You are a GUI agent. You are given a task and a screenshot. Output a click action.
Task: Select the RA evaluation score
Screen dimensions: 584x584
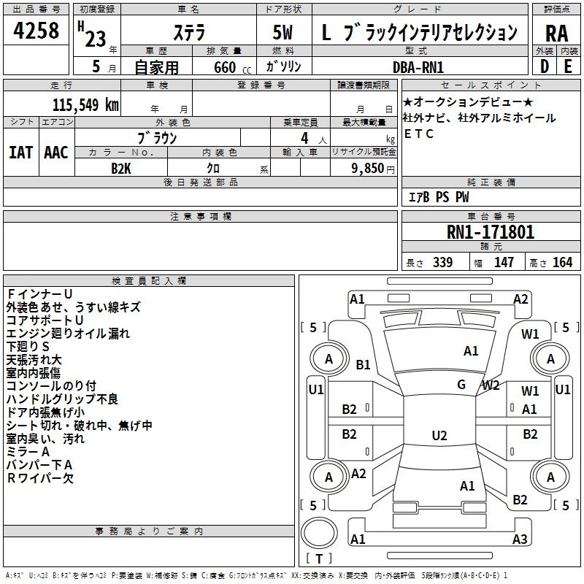tap(556, 33)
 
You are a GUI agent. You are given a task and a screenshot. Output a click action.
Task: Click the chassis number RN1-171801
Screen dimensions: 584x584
tap(491, 232)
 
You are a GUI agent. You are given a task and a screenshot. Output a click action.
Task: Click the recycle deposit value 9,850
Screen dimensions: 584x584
tap(364, 168)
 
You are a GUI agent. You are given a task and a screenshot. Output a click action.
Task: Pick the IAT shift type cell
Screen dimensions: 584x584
tap(21, 152)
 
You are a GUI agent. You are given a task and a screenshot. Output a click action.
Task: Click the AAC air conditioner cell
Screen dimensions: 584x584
tap(56, 152)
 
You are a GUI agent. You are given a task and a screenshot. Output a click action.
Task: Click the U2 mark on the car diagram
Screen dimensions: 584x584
tap(439, 436)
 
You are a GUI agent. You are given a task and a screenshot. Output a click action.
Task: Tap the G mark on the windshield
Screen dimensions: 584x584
tap(461, 385)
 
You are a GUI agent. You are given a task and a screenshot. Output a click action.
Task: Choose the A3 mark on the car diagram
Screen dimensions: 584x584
tap(520, 539)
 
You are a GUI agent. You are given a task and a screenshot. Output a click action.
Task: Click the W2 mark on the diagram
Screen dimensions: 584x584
tap(491, 385)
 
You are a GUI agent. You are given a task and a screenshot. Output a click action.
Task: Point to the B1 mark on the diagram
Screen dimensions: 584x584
tap(363, 364)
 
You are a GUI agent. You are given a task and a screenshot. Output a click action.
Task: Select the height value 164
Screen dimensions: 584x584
tap(563, 263)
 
